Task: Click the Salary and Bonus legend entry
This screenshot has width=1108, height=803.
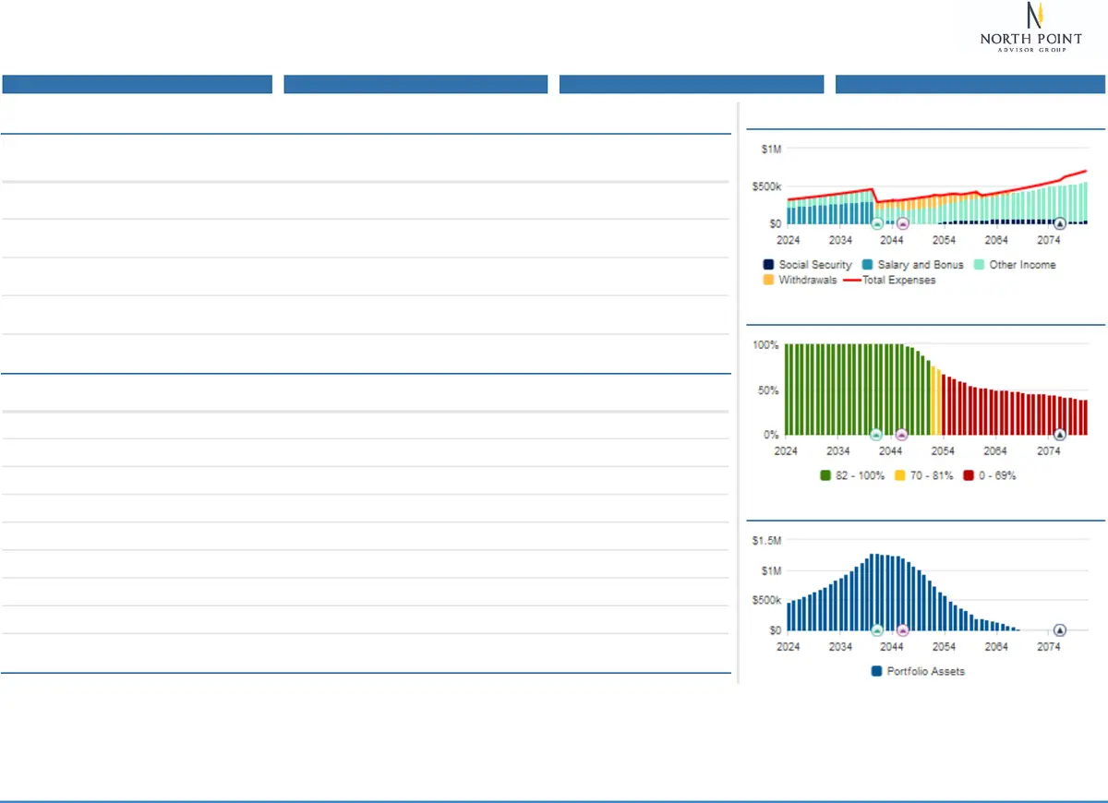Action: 911,265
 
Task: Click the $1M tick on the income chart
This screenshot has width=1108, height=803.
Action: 768,150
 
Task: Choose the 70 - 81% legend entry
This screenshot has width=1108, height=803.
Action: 923,476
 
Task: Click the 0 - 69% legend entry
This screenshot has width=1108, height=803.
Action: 990,476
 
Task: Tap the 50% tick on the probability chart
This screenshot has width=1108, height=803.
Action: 768,390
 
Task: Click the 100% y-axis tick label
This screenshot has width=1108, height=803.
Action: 766,345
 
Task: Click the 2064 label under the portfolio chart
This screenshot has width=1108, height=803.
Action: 995,648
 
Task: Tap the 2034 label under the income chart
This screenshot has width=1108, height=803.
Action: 840,241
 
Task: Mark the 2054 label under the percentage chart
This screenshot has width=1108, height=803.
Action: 943,451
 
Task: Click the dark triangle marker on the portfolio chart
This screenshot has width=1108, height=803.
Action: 1060,630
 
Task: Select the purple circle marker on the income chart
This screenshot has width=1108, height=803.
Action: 903,223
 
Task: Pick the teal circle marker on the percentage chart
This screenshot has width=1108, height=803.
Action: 876,434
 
